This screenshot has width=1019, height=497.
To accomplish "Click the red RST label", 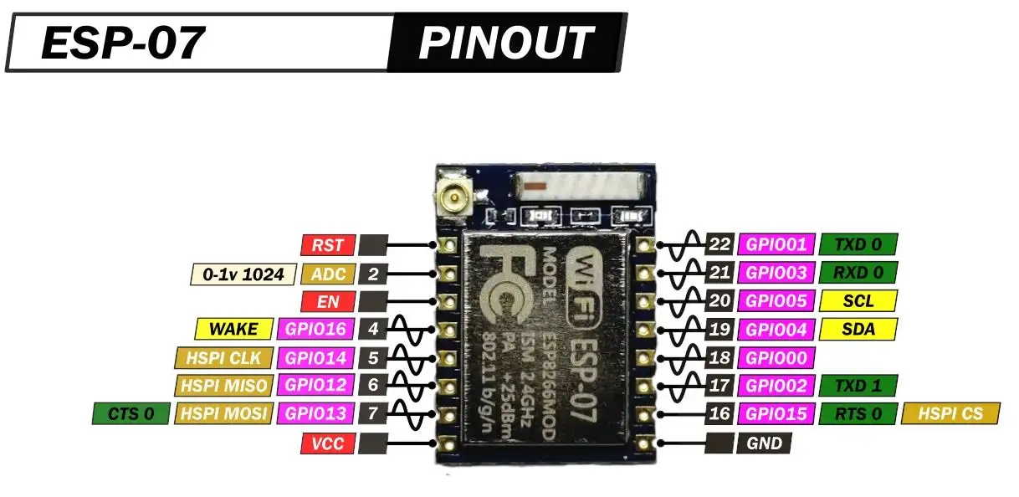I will (328, 245).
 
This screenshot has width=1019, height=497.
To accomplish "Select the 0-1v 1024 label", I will (243, 274).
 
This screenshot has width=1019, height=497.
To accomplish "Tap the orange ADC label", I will (328, 274).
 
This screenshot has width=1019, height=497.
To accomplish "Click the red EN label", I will (328, 301).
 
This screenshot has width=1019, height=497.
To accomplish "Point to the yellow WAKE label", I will (234, 329).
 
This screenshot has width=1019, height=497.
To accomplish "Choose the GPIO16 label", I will (318, 329).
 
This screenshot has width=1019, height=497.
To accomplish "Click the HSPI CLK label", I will (224, 358).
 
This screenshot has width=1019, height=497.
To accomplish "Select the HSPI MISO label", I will (224, 386).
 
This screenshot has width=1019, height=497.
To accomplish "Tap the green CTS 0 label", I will (131, 413).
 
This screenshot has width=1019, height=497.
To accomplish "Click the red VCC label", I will (328, 443).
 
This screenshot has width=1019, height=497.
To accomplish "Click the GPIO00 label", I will (775, 358).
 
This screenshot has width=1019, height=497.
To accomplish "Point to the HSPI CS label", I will (950, 413).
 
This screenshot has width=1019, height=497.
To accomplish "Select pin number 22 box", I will (719, 244).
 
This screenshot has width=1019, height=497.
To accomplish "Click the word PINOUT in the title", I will (505, 43).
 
